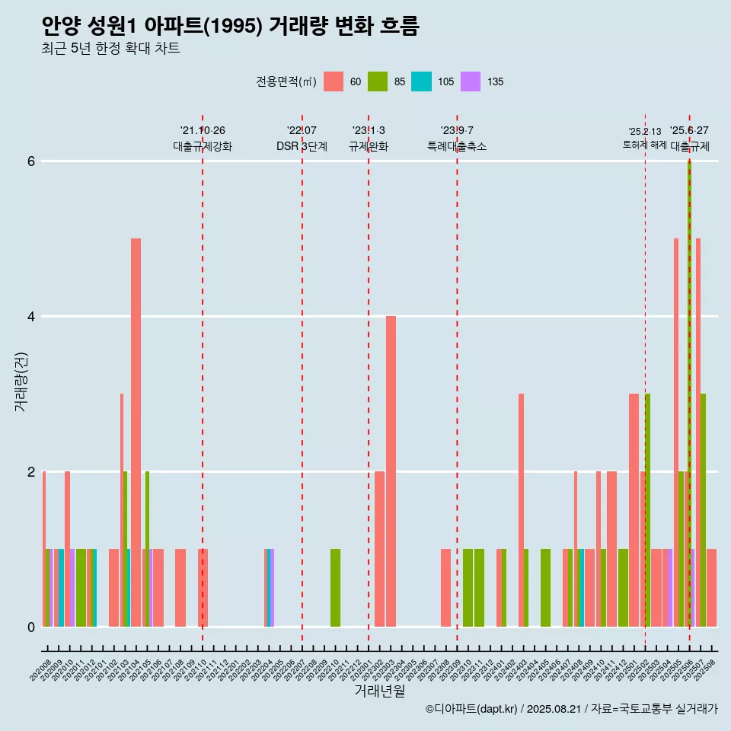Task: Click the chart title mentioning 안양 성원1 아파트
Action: point(230,27)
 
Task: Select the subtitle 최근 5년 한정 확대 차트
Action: point(110,49)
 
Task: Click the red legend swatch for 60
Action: point(334,81)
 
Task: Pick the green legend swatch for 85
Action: point(378,81)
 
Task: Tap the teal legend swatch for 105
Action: point(421,81)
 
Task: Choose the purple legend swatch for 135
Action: point(471,81)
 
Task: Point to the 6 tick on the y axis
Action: point(31,161)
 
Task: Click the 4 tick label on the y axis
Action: point(31,317)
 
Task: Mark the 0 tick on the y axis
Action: point(31,627)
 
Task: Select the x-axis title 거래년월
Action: point(379,691)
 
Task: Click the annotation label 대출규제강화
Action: point(202,146)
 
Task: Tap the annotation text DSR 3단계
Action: point(302,146)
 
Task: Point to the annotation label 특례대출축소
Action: point(456,146)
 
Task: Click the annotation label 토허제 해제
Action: point(644,145)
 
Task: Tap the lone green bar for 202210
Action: point(335,588)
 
